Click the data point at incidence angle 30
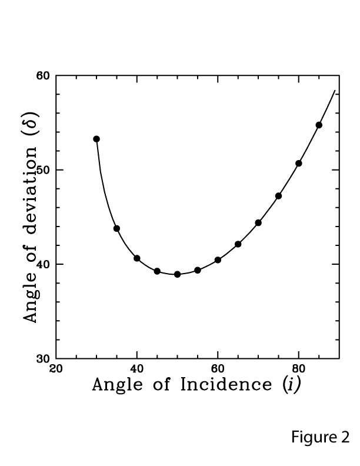click(96, 139)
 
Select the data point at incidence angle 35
click(116, 228)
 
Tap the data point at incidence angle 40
click(137, 258)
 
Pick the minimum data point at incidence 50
click(177, 274)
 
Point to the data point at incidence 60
click(218, 260)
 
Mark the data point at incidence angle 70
click(258, 222)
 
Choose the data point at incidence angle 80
click(299, 163)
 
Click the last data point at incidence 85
click(319, 125)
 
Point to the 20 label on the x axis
click(56, 369)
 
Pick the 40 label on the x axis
click(137, 369)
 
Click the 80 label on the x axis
click(299, 369)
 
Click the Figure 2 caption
click(320, 437)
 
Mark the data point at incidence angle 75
click(278, 196)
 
